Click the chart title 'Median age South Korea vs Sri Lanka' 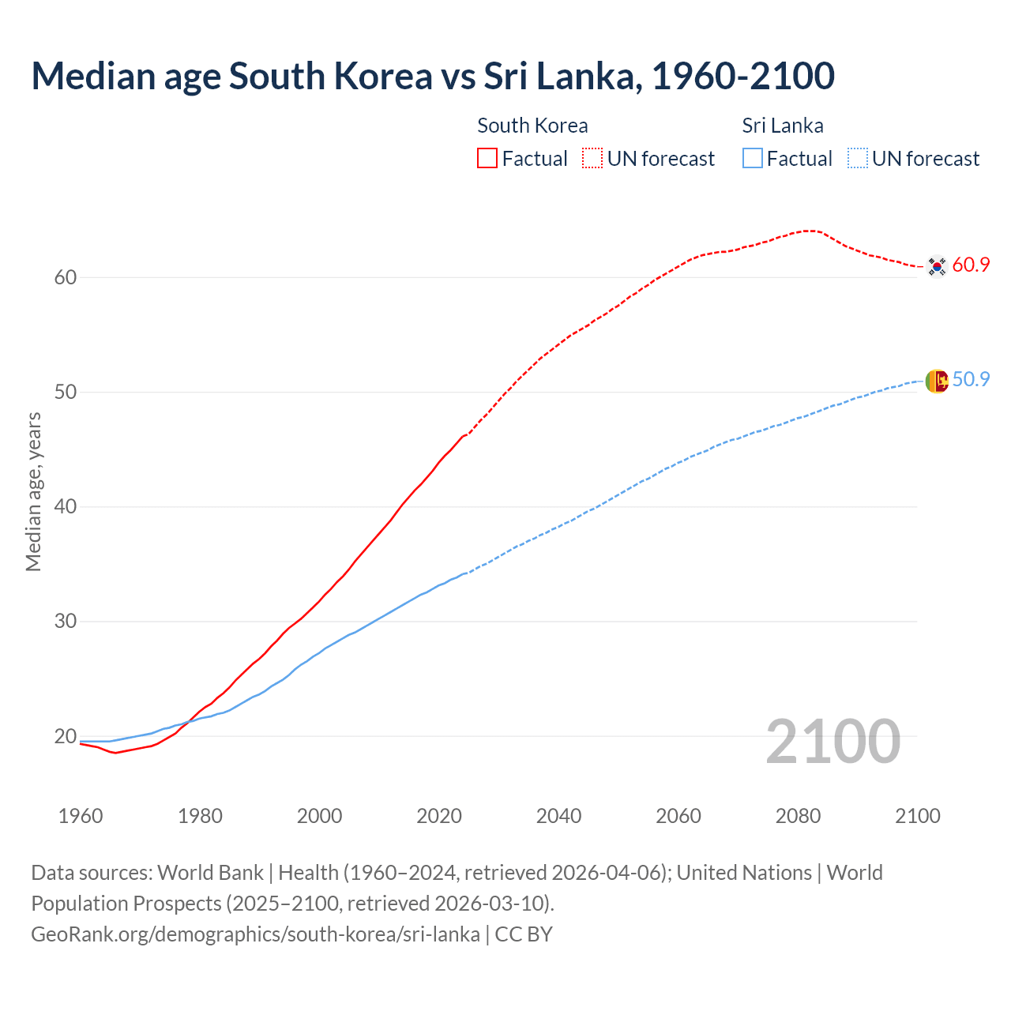[432, 76]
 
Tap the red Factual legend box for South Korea [487, 158]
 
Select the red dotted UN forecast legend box [592, 158]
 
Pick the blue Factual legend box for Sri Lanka [753, 158]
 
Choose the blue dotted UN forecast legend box [858, 158]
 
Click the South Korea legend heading [532, 126]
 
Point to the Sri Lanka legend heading [783, 126]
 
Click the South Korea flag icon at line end [937, 266]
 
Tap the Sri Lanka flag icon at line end [937, 381]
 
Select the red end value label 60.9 [971, 265]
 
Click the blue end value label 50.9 [971, 380]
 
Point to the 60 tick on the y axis [66, 277]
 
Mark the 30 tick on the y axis [66, 622]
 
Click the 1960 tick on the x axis [81, 816]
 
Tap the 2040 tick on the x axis [558, 816]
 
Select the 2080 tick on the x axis [798, 816]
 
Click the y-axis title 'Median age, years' [33, 491]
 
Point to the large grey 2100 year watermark [832, 742]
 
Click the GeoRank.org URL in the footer [255, 934]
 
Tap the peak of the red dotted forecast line [809, 231]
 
